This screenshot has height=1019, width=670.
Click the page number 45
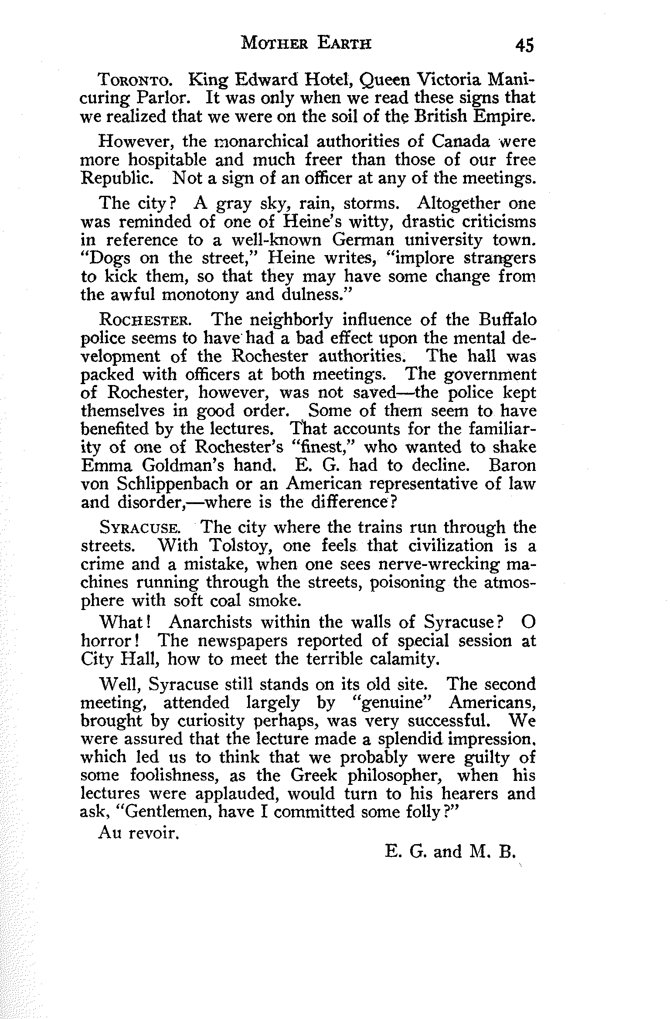pyautogui.click(x=524, y=45)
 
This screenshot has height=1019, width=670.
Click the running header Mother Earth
pyautogui.click(x=306, y=44)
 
